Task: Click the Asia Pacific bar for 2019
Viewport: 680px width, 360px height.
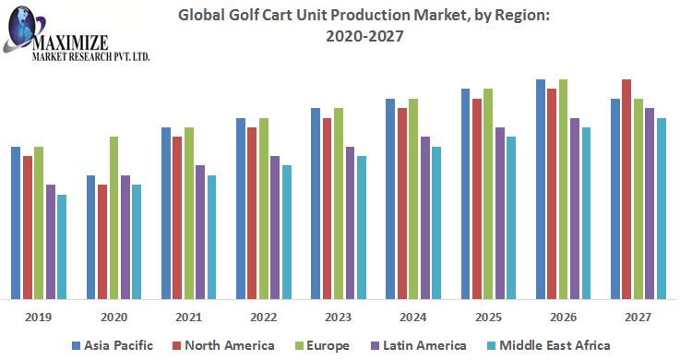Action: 16,222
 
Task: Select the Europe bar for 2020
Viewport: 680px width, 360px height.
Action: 113,218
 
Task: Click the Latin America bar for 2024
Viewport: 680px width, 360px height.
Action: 425,218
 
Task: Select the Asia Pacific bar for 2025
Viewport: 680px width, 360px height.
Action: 465,194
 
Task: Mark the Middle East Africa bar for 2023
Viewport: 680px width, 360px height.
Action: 362,227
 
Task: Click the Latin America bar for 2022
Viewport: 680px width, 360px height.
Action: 275,227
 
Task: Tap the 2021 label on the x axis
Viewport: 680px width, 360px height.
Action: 188,317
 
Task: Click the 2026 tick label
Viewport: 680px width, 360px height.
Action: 563,317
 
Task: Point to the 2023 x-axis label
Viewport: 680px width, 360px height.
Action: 338,317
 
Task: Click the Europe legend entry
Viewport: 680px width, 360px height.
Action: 324,345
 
